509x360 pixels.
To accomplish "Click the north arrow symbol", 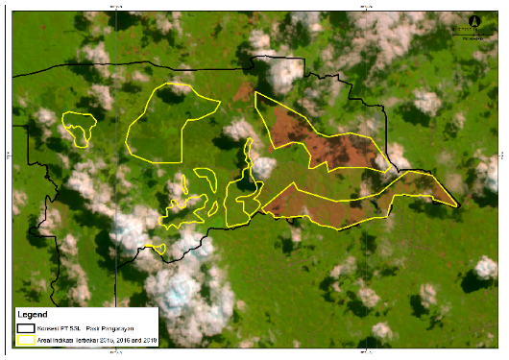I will [x=471, y=20].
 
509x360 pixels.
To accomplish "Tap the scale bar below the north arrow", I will [x=471, y=37].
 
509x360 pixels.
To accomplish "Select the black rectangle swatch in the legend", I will [x=24, y=326].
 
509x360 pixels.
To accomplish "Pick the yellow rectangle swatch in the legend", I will [x=24, y=339].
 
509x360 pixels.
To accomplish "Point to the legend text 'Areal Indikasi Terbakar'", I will [x=76, y=339].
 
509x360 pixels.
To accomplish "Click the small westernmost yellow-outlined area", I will [x=78, y=129].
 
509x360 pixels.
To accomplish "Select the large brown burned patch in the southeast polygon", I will [x=327, y=204].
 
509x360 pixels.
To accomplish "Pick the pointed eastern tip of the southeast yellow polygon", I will [x=454, y=204].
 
